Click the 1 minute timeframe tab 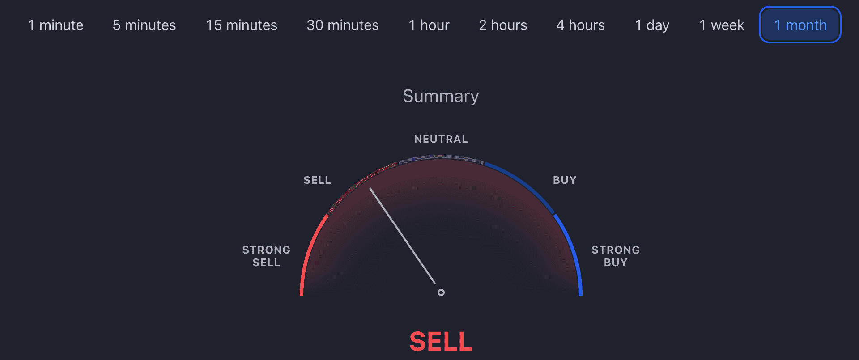point(55,25)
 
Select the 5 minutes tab point(144,25)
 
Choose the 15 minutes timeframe point(242,25)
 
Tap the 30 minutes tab point(343,25)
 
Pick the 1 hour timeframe point(429,25)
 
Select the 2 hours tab point(503,25)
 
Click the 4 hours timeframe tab point(581,25)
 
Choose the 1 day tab point(652,25)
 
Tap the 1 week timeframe point(722,25)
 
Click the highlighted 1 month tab point(800,25)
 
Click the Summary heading point(441,96)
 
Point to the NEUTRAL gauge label point(441,139)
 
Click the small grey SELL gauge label point(317,180)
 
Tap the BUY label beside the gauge point(565,180)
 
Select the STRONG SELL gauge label point(266,256)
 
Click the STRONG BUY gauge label point(616,256)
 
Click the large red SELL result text point(441,342)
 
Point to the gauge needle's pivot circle point(441,292)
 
